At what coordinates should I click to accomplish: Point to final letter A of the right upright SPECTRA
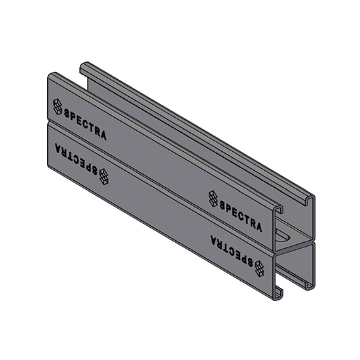(x=259, y=227)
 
